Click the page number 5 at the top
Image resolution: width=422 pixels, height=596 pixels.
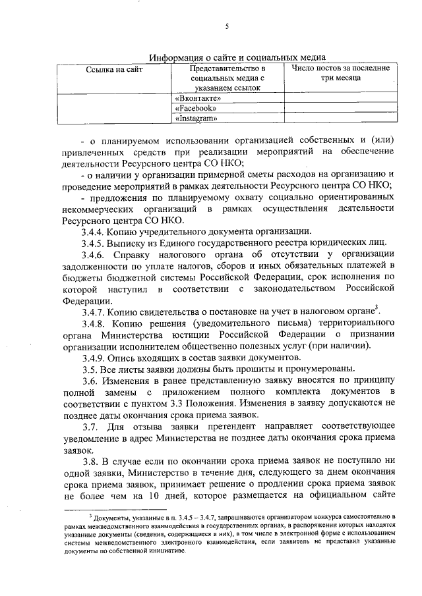tap(226, 26)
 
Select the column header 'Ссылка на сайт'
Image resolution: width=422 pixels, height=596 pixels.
tap(114, 69)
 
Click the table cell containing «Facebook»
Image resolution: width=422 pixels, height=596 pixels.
tap(195, 108)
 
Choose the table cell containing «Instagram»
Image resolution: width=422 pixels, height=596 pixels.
tap(196, 119)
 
